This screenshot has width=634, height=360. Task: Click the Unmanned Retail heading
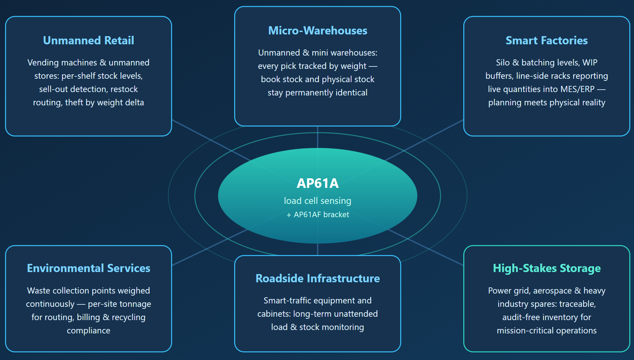pos(89,41)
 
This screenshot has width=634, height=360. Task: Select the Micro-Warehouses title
pos(318,31)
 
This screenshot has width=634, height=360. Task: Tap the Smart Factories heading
pos(547,41)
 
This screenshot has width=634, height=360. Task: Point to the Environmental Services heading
pos(89,268)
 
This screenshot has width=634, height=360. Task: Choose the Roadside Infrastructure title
pos(318,279)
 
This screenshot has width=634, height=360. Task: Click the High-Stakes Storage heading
pos(547,268)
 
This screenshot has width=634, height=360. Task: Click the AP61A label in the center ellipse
pos(318,183)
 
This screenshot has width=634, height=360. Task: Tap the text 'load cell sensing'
pos(318,201)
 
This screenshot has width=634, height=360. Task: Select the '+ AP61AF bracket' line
pos(318,215)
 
